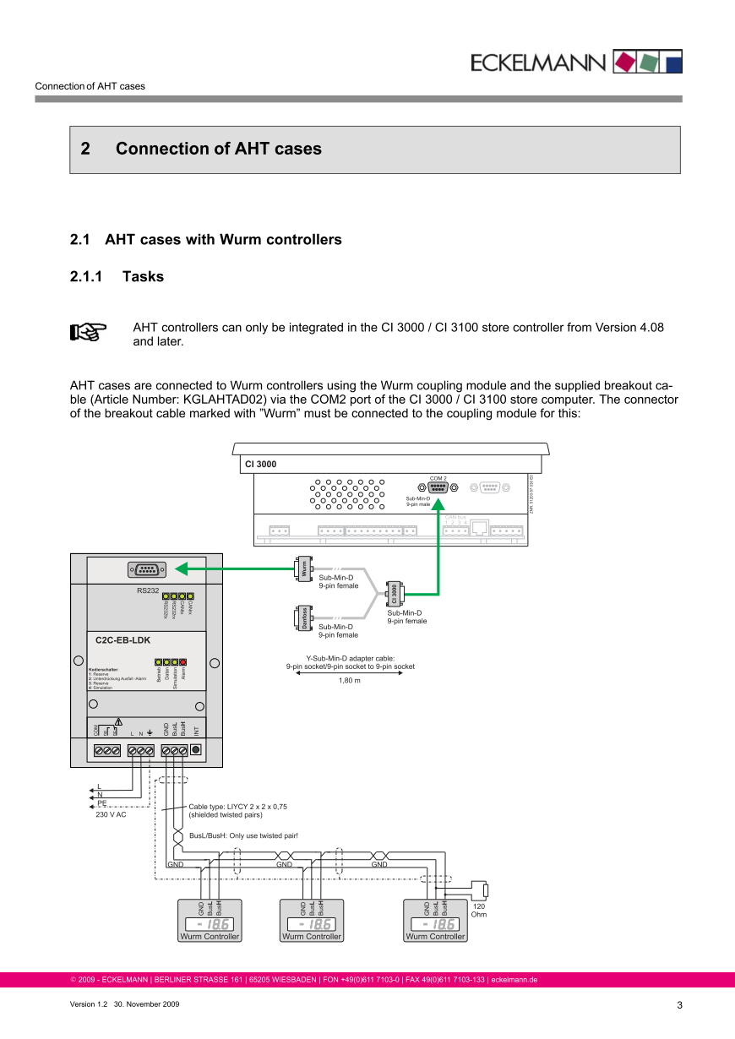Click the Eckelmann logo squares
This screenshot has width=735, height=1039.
click(x=647, y=61)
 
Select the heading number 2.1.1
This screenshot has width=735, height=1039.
click(x=85, y=276)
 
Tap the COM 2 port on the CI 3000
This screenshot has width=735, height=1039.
click(x=438, y=487)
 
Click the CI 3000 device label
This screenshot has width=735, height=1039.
click(x=260, y=464)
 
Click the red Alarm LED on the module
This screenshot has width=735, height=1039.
click(x=182, y=662)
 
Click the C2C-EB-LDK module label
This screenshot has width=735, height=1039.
click(x=122, y=640)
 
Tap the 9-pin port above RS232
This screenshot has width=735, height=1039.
click(x=146, y=570)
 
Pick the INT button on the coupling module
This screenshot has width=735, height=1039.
click(x=196, y=749)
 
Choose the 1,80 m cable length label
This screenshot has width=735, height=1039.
click(x=350, y=680)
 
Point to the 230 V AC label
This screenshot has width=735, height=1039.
click(x=111, y=815)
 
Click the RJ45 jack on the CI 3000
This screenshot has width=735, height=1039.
click(x=480, y=528)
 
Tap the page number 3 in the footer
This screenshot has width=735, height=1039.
click(x=679, y=1004)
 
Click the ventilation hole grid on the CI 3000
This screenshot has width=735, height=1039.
click(x=347, y=494)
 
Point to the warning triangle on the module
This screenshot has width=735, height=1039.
click(x=119, y=721)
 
